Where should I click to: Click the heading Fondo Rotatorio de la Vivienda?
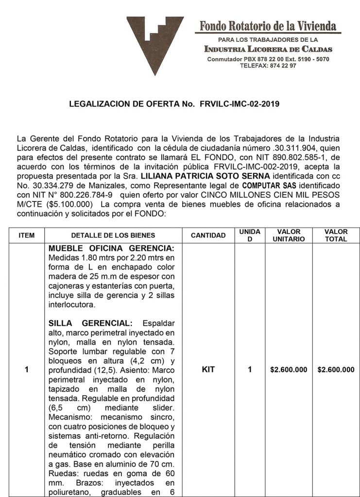pos(268,26)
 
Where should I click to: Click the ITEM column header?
pos(26,235)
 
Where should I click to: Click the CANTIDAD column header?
pos(208,235)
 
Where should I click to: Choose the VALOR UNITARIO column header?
pos(289,235)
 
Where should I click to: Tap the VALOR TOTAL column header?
pos(336,235)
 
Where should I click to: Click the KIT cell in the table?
pos(208,370)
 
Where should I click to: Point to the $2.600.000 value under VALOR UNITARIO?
pos(289,370)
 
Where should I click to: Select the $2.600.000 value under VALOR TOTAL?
pos(336,370)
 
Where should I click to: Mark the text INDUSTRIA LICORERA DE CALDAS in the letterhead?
pos(268,49)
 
